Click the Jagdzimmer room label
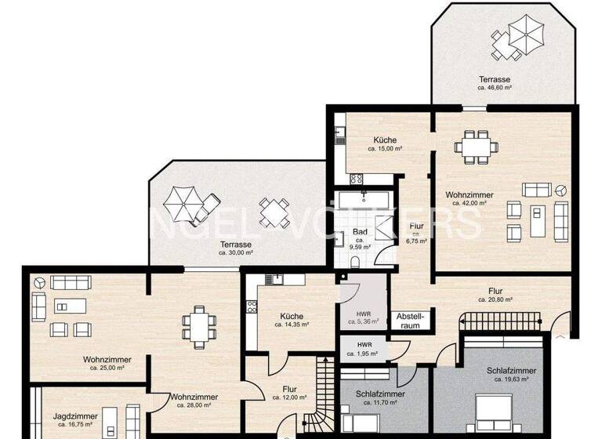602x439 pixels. pos(69,419)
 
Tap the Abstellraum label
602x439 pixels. pos(415,320)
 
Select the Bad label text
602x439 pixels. pos(360,232)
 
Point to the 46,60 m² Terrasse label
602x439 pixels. pos(495,80)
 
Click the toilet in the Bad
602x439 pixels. pos(356,262)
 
